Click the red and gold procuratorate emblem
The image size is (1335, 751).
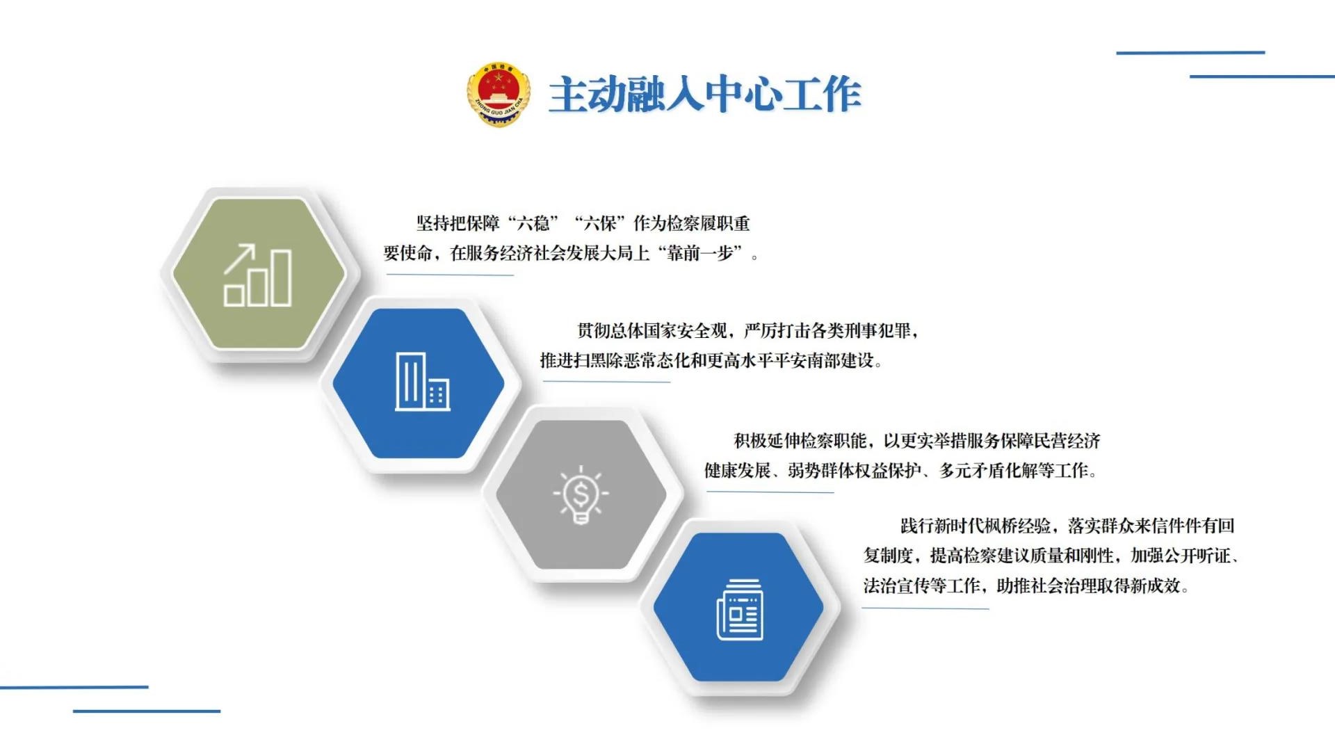coord(499,94)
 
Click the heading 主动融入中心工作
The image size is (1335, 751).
coord(705,95)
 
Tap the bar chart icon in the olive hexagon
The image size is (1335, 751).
coord(257,275)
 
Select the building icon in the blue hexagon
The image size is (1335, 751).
coord(422,382)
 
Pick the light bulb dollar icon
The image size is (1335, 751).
coord(581,494)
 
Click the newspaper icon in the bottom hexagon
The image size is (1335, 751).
coord(740,609)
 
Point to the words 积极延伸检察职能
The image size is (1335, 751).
coord(800,441)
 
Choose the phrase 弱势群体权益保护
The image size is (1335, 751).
coord(855,471)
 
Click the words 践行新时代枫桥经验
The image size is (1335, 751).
coord(976,526)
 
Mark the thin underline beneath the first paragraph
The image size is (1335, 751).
coord(450,275)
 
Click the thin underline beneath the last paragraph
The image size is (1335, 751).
coord(925,608)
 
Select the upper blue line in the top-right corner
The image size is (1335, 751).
coord(1190,52)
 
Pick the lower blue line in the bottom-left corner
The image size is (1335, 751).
coord(147,711)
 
